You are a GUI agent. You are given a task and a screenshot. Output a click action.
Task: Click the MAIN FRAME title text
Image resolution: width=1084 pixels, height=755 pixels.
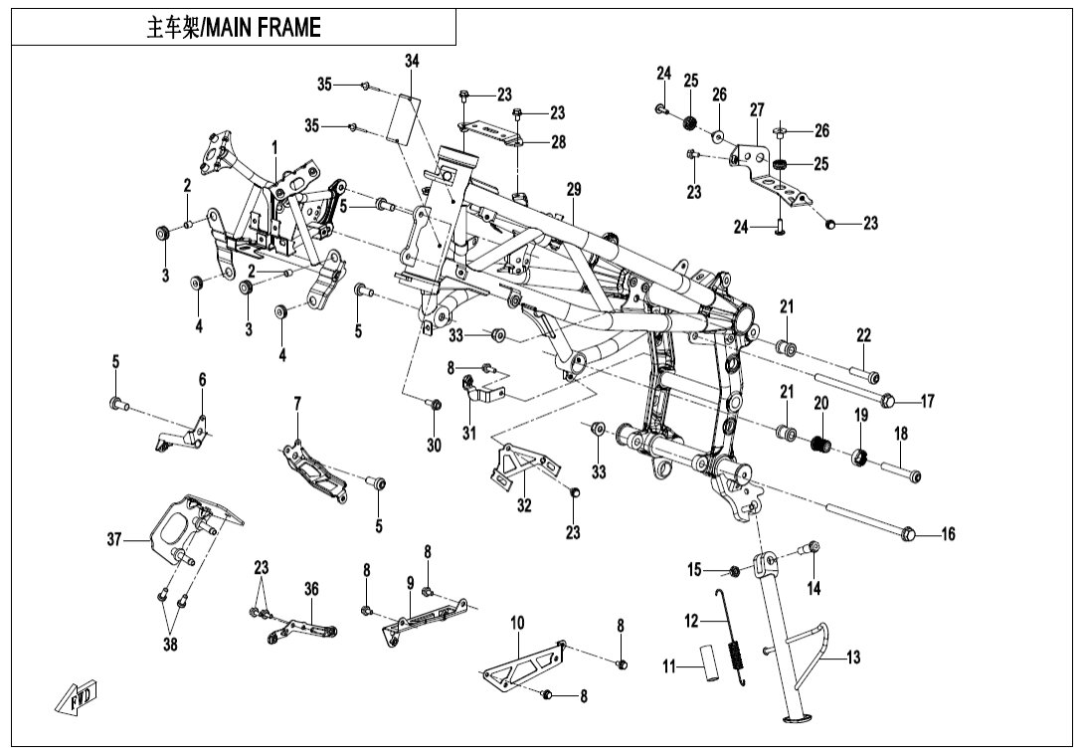coord(234,28)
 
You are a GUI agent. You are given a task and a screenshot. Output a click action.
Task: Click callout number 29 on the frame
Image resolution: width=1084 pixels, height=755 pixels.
coord(573,189)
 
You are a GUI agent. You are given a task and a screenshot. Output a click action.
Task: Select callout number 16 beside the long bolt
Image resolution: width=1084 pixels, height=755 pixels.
coord(947,535)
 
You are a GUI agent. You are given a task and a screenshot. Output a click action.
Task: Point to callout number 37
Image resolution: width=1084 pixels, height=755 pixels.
coord(114,539)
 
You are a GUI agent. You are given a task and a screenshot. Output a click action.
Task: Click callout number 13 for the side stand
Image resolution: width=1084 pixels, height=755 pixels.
coord(852,657)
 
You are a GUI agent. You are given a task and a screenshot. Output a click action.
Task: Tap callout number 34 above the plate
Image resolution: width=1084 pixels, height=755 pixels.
coord(411,62)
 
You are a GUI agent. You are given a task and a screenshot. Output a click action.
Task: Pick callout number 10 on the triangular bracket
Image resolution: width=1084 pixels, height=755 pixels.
coord(517,624)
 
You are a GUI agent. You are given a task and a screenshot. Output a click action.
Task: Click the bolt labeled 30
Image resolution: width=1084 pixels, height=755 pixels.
coord(434,405)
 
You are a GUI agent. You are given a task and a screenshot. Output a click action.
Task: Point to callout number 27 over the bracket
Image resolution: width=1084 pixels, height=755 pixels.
coord(757,109)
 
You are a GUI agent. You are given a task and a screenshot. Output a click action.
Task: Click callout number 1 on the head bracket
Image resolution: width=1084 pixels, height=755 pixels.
coord(274,147)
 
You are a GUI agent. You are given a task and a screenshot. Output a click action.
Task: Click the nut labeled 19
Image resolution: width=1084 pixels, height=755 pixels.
coord(860,458)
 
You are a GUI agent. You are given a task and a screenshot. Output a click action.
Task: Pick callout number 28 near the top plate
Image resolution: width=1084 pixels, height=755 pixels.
coord(558,142)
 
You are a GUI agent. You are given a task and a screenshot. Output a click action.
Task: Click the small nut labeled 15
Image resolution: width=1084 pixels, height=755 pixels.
coord(735,571)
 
